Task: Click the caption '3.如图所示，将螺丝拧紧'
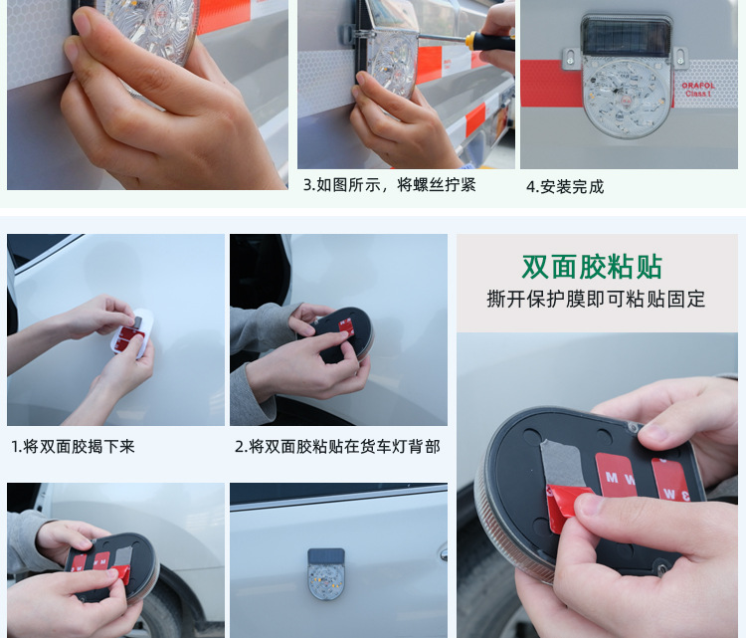(389, 185)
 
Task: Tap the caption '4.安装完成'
(564, 186)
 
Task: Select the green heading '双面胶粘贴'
(592, 267)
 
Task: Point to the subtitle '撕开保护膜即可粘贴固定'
(596, 299)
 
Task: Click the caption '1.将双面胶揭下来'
(73, 447)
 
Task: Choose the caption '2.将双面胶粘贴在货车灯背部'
(337, 447)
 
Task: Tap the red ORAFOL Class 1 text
(697, 89)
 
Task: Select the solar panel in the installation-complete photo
(627, 36)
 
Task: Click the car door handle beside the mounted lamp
(442, 551)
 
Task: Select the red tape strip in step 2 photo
(345, 325)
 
